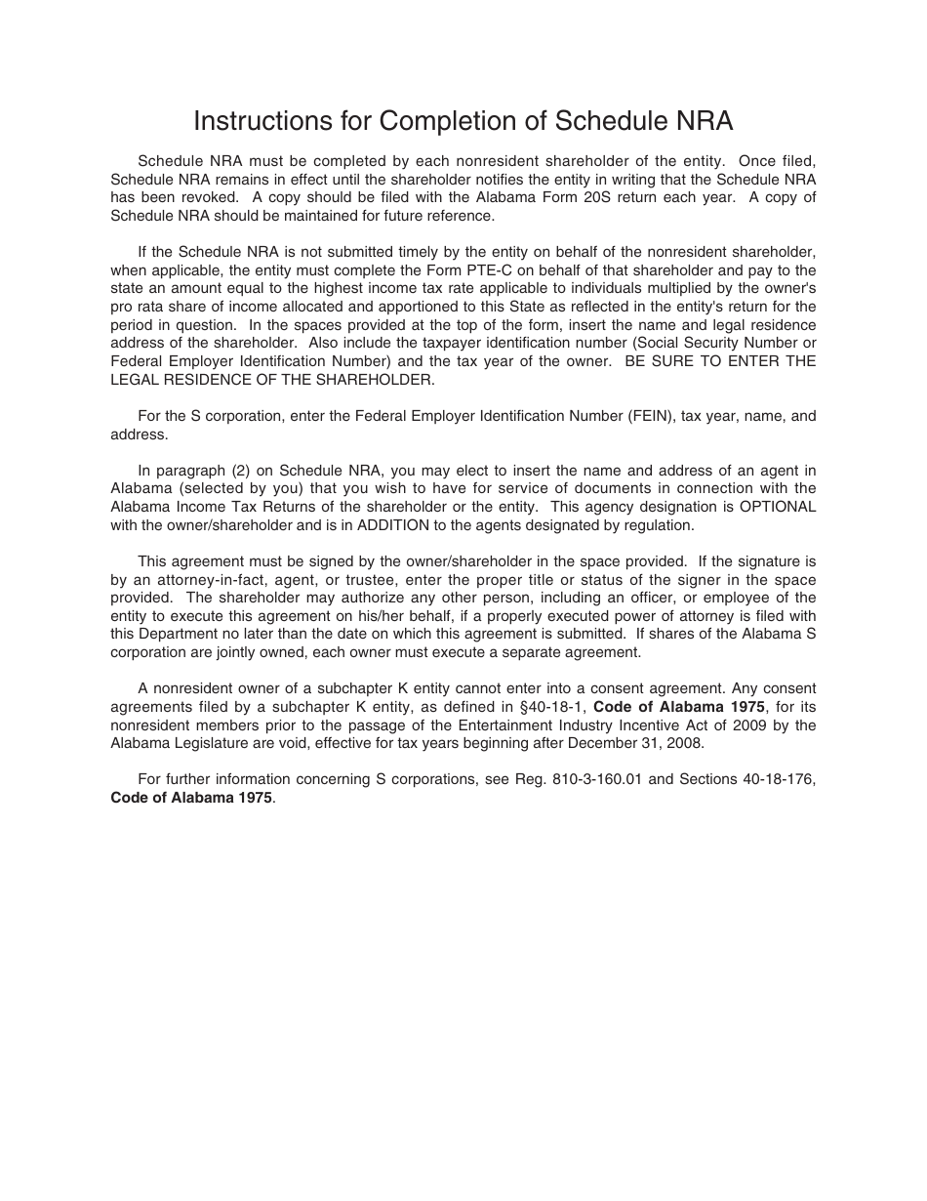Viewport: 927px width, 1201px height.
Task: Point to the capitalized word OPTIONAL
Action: click(x=777, y=507)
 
